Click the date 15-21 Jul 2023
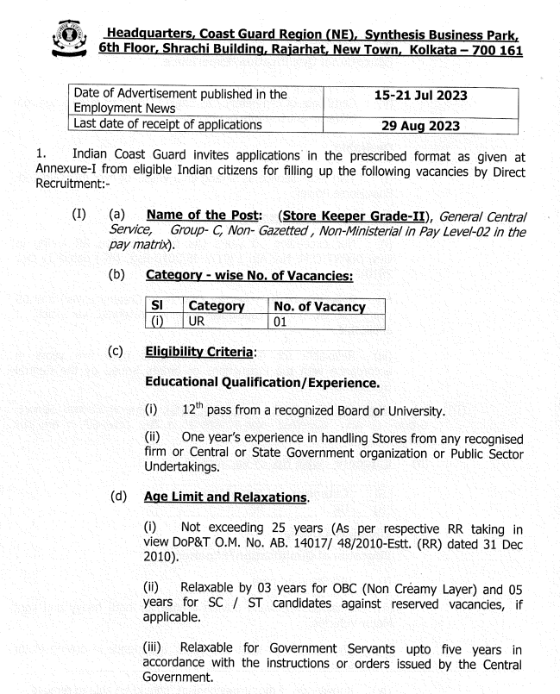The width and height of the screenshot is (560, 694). (420, 96)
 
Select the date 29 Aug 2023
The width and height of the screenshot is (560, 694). (420, 125)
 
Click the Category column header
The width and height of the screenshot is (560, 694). (217, 306)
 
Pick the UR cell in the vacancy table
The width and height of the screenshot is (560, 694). (198, 322)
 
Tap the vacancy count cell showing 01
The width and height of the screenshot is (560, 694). (280, 322)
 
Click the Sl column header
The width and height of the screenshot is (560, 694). (156, 306)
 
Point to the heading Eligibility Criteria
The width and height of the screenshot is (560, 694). (199, 352)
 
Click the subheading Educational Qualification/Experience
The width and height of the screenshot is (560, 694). (261, 380)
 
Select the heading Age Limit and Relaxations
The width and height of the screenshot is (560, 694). (226, 497)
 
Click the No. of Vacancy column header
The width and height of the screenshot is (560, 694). (319, 306)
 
